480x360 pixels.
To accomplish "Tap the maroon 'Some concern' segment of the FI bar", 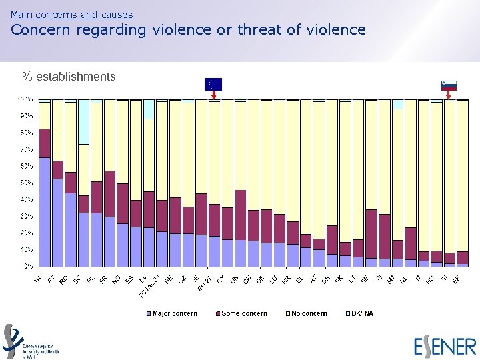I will coord(385,236).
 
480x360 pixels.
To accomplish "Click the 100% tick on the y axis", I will coord(26,99).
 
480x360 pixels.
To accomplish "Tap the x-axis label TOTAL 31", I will coord(149,285).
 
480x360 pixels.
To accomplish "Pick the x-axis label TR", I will coord(39,281).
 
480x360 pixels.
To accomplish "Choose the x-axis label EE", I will coord(456,281).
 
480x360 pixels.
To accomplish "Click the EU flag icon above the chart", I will coord(213,84).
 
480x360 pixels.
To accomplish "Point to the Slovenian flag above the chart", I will coord(449,85).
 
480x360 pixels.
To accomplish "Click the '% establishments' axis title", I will coord(69,77).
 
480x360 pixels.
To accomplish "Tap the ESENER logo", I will coord(445,347).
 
